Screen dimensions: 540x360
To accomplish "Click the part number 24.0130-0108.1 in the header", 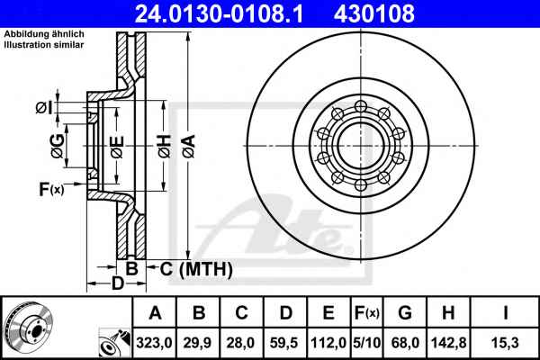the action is [219, 13].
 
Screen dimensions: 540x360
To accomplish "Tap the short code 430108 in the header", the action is [374, 13].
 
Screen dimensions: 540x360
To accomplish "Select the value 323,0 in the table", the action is [154, 343].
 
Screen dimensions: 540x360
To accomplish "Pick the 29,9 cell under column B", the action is [198, 343].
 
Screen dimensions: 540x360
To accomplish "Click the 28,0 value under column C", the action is [240, 343].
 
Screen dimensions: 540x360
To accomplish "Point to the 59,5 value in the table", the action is [284, 343].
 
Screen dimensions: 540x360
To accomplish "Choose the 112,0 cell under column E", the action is [328, 343].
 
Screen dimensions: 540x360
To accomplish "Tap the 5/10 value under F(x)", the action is [367, 343].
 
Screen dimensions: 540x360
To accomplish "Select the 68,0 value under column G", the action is [405, 343].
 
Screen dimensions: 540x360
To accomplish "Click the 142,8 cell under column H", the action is [449, 343].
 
